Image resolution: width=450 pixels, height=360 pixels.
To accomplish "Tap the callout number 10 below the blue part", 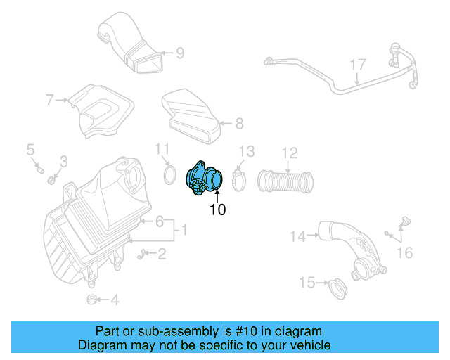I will [218, 210].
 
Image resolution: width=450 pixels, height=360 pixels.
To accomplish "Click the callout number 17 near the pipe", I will [358, 65].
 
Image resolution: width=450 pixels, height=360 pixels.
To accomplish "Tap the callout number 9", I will [180, 52].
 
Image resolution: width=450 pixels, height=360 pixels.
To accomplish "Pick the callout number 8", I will [239, 124].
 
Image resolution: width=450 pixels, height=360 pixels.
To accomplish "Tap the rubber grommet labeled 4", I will [91, 300].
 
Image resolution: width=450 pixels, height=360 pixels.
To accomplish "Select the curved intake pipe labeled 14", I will [348, 250].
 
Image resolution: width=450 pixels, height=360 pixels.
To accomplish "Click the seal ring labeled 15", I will [339, 288].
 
